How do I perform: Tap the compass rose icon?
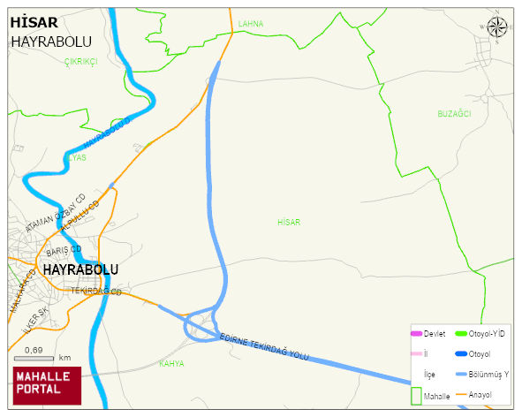tap(498, 27)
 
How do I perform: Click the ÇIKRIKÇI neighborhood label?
tap(80, 61)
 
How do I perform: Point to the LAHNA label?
tap(251, 24)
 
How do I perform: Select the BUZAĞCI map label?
tap(455, 114)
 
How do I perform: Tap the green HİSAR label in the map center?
tap(289, 223)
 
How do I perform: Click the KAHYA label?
tap(171, 363)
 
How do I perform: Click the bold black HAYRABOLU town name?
tap(80, 269)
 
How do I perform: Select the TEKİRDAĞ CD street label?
tap(95, 291)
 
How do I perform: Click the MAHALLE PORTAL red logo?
tap(47, 384)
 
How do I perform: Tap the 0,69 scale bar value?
tap(34, 351)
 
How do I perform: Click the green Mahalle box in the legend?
tap(416, 395)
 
